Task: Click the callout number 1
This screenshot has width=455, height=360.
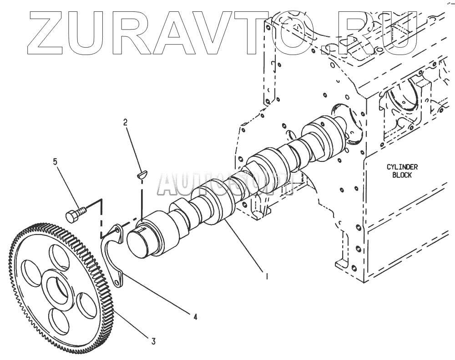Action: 266,276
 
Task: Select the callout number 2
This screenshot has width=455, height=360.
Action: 125,122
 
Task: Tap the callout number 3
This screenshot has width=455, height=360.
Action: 154,340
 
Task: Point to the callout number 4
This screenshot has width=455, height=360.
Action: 195,317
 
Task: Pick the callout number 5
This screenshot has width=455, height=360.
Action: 55,161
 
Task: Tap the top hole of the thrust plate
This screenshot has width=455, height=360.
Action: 116,230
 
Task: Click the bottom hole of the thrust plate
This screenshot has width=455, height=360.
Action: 118,283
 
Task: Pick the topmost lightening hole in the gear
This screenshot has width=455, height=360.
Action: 58,256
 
